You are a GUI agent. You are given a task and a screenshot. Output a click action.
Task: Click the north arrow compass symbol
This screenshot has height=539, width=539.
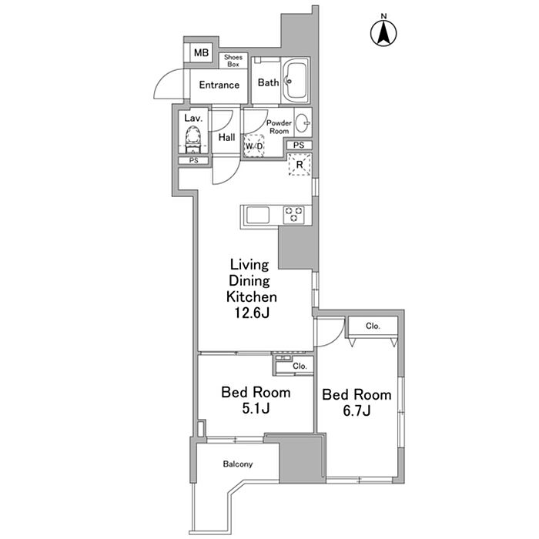(x=383, y=32)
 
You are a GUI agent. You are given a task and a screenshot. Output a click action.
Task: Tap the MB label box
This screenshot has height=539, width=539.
(x=201, y=52)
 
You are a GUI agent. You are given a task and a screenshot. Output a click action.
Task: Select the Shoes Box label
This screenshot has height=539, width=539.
(x=233, y=61)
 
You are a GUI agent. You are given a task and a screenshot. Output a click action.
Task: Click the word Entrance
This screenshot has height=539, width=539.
(x=219, y=85)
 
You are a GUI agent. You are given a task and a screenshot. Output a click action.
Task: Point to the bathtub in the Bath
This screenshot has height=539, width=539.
(x=296, y=80)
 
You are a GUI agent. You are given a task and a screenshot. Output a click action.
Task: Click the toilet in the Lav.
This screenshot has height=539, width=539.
(x=192, y=139)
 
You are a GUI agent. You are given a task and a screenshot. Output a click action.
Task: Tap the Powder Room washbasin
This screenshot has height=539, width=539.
(x=303, y=122)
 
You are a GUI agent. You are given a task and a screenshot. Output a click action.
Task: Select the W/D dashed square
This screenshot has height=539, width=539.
(x=253, y=146)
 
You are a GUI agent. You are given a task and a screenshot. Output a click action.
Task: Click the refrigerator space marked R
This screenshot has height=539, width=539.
(x=300, y=165)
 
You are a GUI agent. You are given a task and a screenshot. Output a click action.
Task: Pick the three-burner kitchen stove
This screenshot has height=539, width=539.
(x=293, y=215)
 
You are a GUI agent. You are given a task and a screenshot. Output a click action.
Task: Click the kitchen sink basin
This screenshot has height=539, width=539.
(x=258, y=216)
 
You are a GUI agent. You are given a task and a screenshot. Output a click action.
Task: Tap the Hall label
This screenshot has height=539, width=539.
(x=227, y=138)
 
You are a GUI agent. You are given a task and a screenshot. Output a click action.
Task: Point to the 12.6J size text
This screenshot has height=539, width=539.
(x=252, y=313)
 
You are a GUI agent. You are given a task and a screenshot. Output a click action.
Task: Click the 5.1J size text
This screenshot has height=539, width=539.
(x=256, y=408)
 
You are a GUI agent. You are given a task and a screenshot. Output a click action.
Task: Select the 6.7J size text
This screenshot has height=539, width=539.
(x=357, y=410)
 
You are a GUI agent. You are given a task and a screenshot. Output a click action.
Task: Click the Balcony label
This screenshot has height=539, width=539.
(x=238, y=464)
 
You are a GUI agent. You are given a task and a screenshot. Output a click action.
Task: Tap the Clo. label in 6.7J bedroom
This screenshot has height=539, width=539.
(x=373, y=326)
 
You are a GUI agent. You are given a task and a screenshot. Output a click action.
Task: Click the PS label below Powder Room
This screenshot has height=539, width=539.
(x=299, y=145)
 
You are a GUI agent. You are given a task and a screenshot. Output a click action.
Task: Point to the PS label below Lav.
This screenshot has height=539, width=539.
(x=194, y=160)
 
